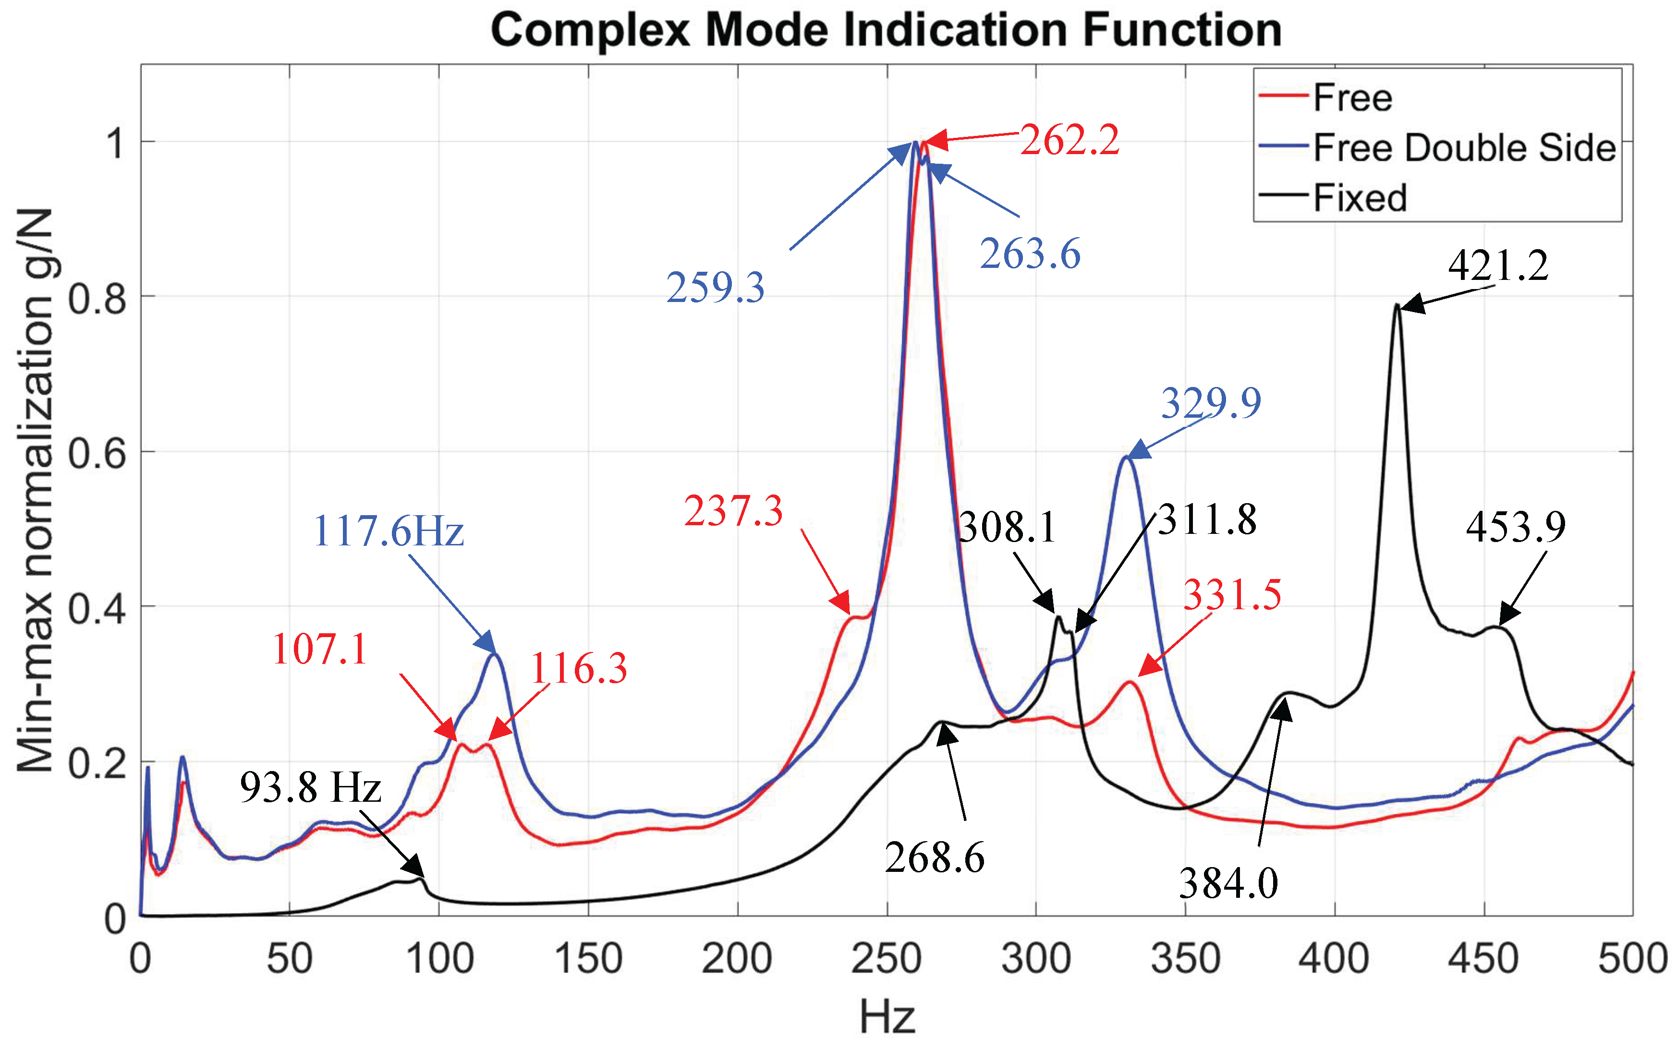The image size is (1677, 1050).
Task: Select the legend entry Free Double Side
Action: (x=1464, y=148)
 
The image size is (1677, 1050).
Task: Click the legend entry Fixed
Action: (x=1360, y=198)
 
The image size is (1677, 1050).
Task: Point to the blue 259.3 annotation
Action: (x=715, y=288)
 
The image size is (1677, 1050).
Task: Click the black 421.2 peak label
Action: (x=1498, y=266)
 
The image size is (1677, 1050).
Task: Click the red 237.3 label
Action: (x=733, y=512)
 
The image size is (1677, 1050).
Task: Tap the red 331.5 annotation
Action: (x=1232, y=595)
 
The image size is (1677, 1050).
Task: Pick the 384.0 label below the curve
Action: (x=1228, y=884)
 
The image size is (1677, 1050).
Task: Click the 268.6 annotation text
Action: (x=934, y=858)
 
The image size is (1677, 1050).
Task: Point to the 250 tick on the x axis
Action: (x=886, y=959)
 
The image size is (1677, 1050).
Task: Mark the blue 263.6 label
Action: (x=1030, y=254)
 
